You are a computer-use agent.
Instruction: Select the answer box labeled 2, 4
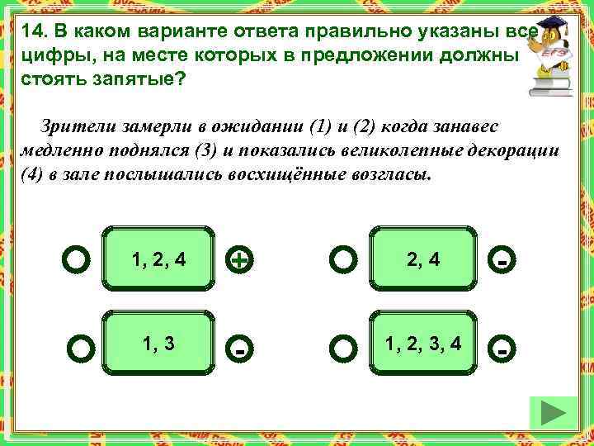point(422,259)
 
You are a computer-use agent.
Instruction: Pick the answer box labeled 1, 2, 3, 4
point(422,343)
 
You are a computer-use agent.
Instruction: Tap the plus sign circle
point(238,261)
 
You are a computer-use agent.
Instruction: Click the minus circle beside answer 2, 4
point(501,261)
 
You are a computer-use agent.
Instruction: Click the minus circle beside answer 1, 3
point(238,348)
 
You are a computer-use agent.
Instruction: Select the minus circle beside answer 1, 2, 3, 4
point(501,348)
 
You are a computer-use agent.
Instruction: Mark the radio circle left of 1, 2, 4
point(76,260)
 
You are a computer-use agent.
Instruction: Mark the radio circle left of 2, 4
point(342,261)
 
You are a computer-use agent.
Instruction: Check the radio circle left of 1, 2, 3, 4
point(342,348)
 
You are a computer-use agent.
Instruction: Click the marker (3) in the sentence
point(203,153)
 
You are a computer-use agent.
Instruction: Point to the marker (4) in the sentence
point(31,176)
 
